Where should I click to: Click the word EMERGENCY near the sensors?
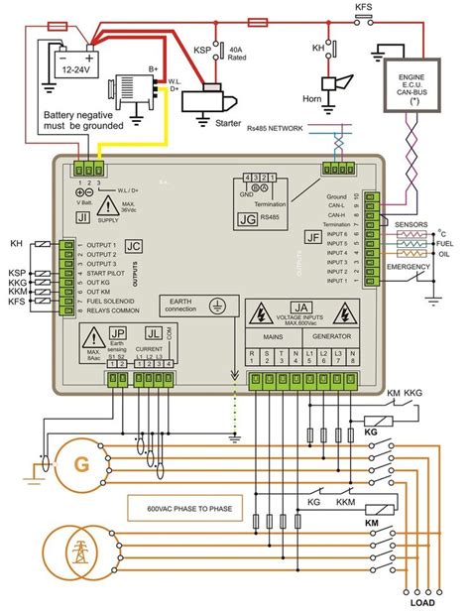pyautogui.click(x=407, y=267)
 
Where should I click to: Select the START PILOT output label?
pyautogui.click(x=111, y=272)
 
